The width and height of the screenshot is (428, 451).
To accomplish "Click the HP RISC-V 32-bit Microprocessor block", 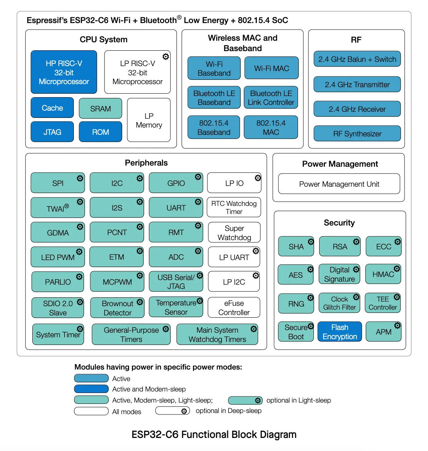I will tap(64, 72).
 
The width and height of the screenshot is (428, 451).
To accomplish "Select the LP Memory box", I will tap(149, 120).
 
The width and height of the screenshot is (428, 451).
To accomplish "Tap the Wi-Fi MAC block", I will tap(271, 68).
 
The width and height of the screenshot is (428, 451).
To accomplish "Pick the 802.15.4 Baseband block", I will tap(214, 128).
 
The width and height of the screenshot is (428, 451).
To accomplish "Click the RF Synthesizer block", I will tap(357, 134).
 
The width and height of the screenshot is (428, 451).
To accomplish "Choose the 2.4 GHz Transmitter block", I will tap(357, 85).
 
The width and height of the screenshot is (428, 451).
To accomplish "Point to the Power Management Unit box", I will tap(339, 184).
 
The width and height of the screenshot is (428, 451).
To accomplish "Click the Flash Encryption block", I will tap(340, 332).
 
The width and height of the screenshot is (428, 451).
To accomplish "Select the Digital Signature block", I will tap(339, 274).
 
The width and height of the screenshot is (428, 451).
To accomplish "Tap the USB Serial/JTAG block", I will tap(176, 282).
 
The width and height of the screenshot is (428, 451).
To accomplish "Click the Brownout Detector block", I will tap(117, 308).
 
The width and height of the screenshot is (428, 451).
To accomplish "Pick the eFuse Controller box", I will tap(234, 308).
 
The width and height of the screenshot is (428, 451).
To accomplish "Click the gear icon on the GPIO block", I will tap(198, 177).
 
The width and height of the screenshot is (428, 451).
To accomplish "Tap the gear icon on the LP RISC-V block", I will tap(166, 57).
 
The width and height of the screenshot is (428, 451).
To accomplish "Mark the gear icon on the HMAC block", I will tap(397, 269).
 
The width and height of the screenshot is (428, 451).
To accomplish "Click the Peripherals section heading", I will tap(146, 163).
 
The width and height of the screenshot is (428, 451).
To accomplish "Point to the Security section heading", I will tap(339, 223).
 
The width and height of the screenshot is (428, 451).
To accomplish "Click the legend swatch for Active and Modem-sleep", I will tap(92, 389).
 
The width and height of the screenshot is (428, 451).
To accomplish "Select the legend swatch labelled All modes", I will tap(92, 411).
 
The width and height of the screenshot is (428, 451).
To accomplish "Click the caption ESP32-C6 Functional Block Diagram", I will tap(214, 434).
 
